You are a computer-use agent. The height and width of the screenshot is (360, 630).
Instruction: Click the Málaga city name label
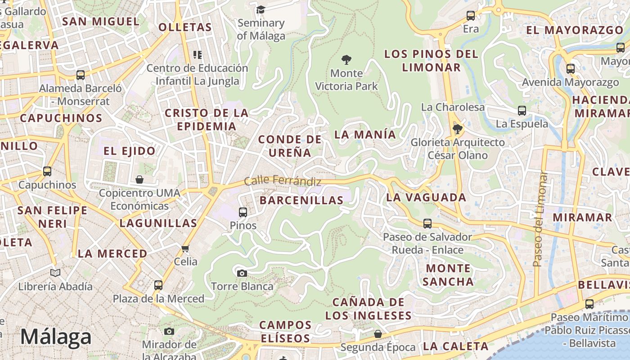pyautogui.click(x=56, y=337)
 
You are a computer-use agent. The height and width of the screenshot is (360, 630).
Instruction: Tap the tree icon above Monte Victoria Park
pyautogui.click(x=346, y=59)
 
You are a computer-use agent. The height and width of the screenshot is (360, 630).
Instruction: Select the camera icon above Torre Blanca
pyautogui.click(x=242, y=273)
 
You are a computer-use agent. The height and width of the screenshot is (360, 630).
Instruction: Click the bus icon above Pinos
pyautogui.click(x=243, y=212)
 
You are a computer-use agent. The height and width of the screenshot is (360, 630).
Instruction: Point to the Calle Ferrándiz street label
pyautogui.click(x=283, y=181)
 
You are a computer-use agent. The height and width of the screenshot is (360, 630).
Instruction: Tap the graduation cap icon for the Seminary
pyautogui.click(x=261, y=9)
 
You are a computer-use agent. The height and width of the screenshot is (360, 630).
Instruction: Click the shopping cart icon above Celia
pyautogui.click(x=185, y=248)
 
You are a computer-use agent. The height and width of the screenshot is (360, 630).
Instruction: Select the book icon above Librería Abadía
pyautogui.click(x=55, y=273)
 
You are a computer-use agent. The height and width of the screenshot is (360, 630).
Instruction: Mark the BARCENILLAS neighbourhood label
pyautogui.click(x=301, y=200)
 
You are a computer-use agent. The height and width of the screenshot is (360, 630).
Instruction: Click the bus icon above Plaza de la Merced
pyautogui.click(x=158, y=285)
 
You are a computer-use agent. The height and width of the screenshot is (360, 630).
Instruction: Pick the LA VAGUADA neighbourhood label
pyautogui.click(x=426, y=197)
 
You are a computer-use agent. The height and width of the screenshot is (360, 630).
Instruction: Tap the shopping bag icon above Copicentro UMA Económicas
pyautogui.click(x=139, y=180)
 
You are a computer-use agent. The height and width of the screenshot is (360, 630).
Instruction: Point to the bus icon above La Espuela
pyautogui.click(x=522, y=110)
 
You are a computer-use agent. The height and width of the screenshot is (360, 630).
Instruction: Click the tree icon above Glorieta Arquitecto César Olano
pyautogui.click(x=458, y=130)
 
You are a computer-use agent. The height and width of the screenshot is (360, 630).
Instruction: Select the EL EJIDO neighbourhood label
pyautogui.click(x=130, y=151)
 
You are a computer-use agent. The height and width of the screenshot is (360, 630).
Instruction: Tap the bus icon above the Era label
pyautogui.click(x=471, y=16)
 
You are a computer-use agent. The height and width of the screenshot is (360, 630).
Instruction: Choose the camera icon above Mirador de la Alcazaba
pyautogui.click(x=169, y=332)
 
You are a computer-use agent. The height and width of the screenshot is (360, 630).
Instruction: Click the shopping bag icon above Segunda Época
pyautogui.click(x=378, y=334)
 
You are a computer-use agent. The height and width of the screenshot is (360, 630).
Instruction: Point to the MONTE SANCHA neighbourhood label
pyautogui.click(x=448, y=275)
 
